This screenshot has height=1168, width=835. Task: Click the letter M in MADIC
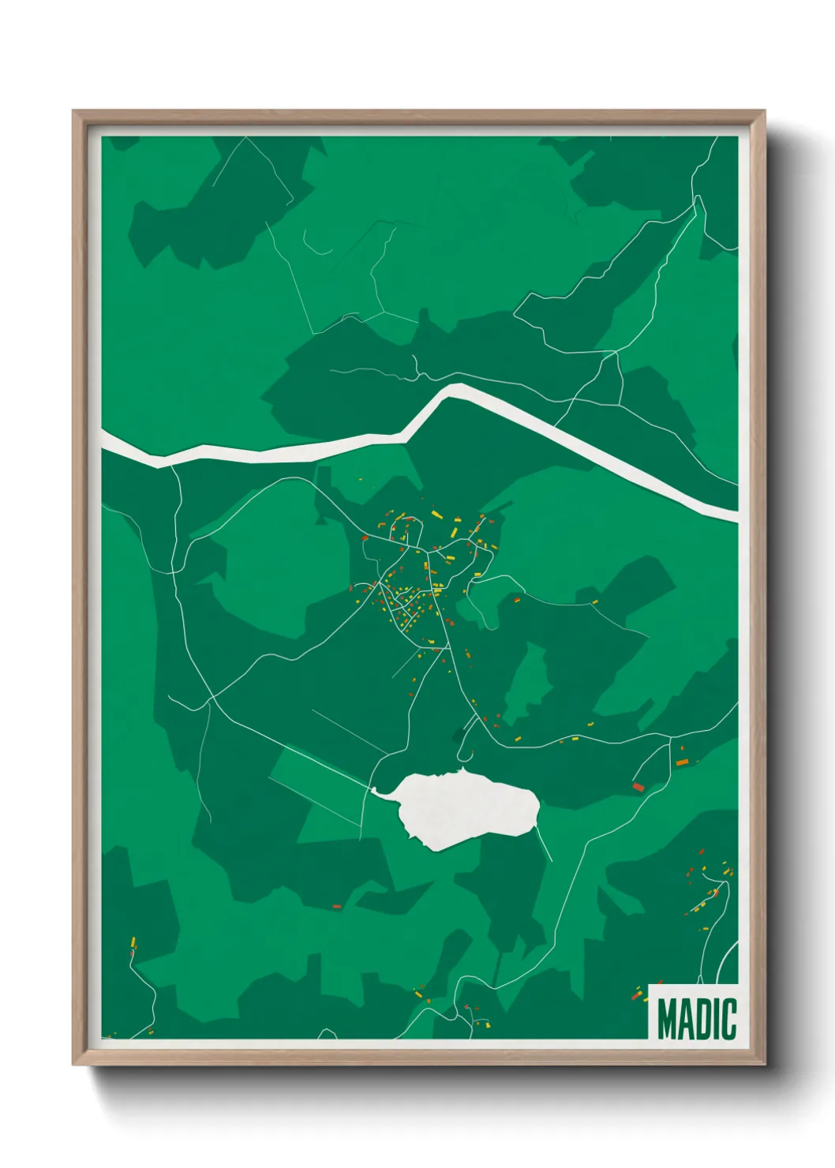668,1019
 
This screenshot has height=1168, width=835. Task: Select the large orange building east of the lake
682,762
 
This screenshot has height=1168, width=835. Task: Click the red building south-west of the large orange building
638,787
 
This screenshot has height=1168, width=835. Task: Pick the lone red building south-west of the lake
336,908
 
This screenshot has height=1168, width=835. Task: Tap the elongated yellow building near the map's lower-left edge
133,942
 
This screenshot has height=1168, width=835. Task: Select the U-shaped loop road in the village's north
404,530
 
